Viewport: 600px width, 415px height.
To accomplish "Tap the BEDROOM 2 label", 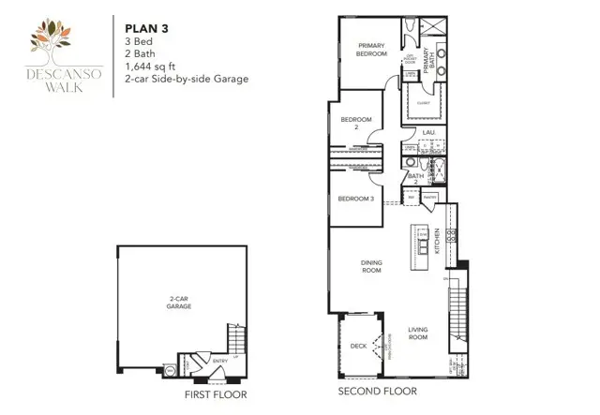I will (x=355, y=124).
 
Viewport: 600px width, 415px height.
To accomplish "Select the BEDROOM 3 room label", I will (x=356, y=200).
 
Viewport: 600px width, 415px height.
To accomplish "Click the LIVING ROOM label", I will (x=418, y=332).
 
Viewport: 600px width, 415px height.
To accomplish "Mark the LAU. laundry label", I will (x=429, y=133).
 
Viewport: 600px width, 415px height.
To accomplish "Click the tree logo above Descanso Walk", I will (x=52, y=38).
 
